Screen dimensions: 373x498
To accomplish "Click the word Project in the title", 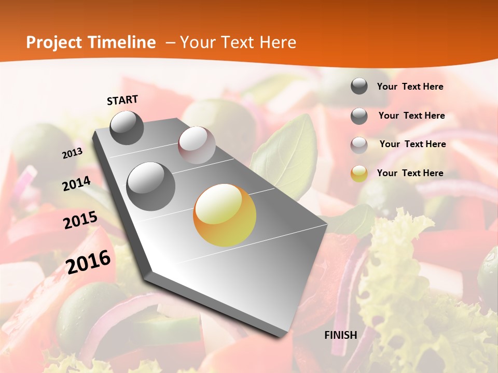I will [x=53, y=42].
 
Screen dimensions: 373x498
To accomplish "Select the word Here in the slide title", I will [x=278, y=42].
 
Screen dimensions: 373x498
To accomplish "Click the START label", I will [x=122, y=100].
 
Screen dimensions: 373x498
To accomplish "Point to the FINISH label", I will [x=341, y=335].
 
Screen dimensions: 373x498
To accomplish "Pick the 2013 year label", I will [x=72, y=153].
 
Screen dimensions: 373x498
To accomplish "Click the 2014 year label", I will [x=76, y=184].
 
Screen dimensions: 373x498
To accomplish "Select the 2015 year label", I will [x=80, y=220].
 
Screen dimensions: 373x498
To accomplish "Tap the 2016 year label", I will [x=88, y=262].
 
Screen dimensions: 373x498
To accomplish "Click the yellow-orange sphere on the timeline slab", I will [x=225, y=215].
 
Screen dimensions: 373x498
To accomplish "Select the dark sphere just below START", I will [x=127, y=127].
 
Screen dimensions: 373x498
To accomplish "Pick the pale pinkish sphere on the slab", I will [x=197, y=145].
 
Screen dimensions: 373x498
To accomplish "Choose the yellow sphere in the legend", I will [x=359, y=174].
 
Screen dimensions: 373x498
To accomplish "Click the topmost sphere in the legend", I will [x=359, y=86].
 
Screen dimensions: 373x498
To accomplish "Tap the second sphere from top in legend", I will [x=359, y=116].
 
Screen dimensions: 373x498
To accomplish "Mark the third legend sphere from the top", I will [x=359, y=145].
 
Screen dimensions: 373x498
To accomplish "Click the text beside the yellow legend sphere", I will [x=410, y=173].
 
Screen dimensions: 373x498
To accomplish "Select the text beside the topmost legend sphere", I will [x=410, y=87].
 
